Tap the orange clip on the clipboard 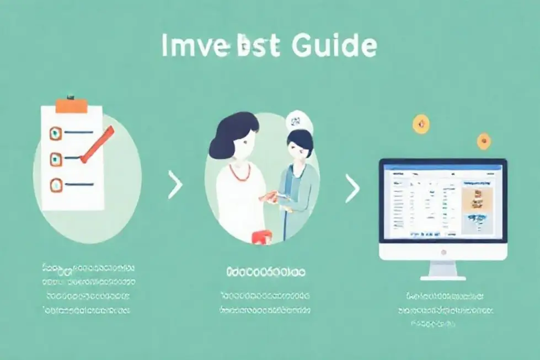click(x=71, y=105)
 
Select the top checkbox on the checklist click(x=55, y=132)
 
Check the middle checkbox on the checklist click(x=56, y=159)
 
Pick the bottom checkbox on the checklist click(x=56, y=185)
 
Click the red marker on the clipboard click(x=97, y=145)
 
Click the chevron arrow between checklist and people click(x=175, y=185)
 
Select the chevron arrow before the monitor click(x=351, y=189)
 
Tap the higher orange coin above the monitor click(x=420, y=124)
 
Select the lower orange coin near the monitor click(x=484, y=141)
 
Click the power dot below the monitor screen click(x=443, y=252)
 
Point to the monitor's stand click(x=443, y=270)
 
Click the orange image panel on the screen click(x=476, y=201)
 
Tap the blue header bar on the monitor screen click(x=442, y=164)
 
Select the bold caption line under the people click(x=265, y=271)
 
